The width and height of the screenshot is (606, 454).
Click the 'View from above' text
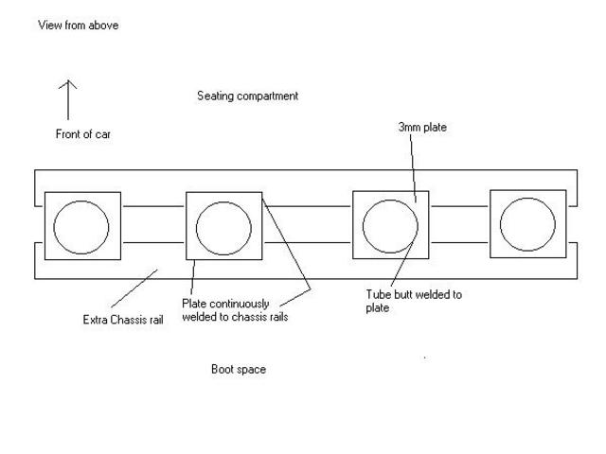tap(78, 26)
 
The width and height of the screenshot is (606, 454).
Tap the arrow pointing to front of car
tap(68, 99)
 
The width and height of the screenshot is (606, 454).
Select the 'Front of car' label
tap(83, 134)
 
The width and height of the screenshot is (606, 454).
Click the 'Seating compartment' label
tap(248, 96)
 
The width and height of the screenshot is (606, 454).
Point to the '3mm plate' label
tap(421, 127)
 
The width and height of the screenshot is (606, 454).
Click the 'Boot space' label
tap(238, 369)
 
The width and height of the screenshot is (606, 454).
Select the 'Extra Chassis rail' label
tap(124, 320)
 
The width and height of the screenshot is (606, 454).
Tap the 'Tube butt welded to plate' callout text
tap(414, 301)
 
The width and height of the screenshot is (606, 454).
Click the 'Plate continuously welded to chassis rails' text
tap(235, 310)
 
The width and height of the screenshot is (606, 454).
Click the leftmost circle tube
tap(82, 227)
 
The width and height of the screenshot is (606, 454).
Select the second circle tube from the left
tap(223, 227)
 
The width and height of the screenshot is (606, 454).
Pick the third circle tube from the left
tap(390, 227)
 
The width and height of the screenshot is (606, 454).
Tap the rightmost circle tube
tap(527, 224)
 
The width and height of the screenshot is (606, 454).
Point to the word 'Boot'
tap(223, 369)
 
